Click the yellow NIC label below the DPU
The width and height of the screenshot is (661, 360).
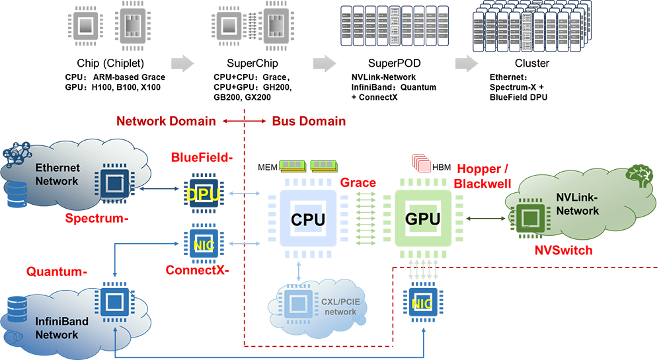(204, 245)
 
